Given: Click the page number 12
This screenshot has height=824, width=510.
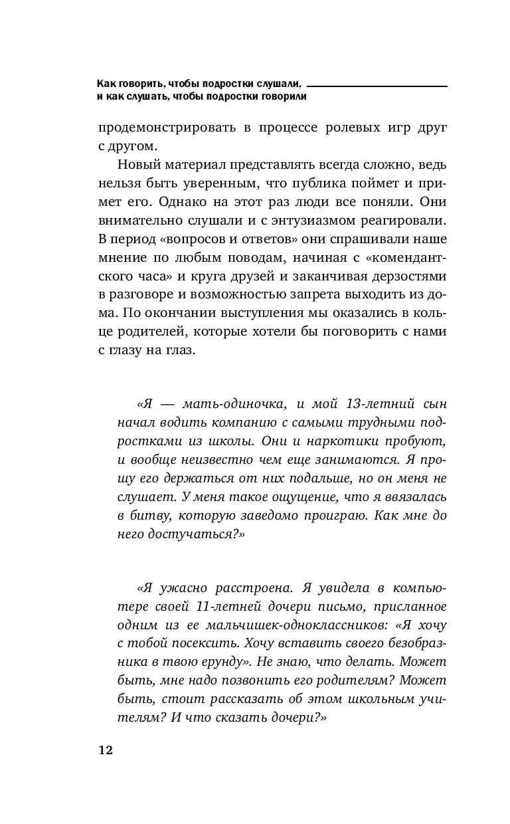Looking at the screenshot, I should point(105,750).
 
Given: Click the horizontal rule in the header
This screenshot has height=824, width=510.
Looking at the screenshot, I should point(377,86).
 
